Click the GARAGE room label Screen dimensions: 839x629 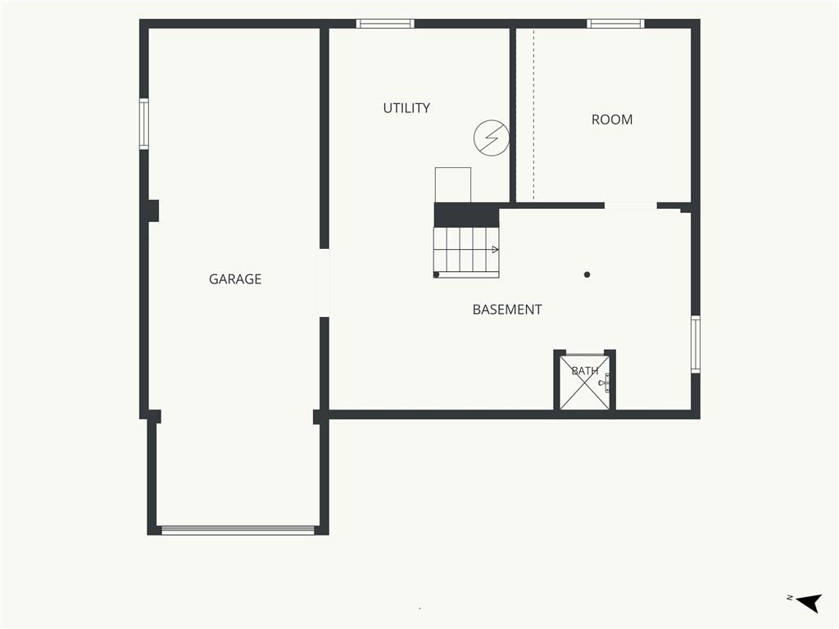click(235, 278)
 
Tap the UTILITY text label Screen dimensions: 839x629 click(406, 108)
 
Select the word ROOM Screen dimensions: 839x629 click(611, 120)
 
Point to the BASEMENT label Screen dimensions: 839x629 click(506, 309)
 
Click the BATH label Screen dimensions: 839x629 click(585, 371)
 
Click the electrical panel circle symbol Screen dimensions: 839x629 click(492, 138)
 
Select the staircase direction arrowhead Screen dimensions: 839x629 click(496, 250)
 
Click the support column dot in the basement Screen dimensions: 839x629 click(587, 274)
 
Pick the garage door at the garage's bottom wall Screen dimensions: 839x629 click(238, 530)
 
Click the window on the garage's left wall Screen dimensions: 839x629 click(144, 124)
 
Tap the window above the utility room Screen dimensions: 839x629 click(385, 24)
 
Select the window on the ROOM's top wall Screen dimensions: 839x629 click(615, 24)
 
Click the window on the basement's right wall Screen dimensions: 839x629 click(696, 344)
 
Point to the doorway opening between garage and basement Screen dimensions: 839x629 click(324, 283)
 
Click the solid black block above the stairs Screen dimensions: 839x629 click(466, 215)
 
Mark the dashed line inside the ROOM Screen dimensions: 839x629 click(533, 114)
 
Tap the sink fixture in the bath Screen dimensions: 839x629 click(605, 383)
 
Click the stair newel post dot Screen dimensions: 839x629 click(437, 274)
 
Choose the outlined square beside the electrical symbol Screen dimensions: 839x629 click(452, 184)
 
